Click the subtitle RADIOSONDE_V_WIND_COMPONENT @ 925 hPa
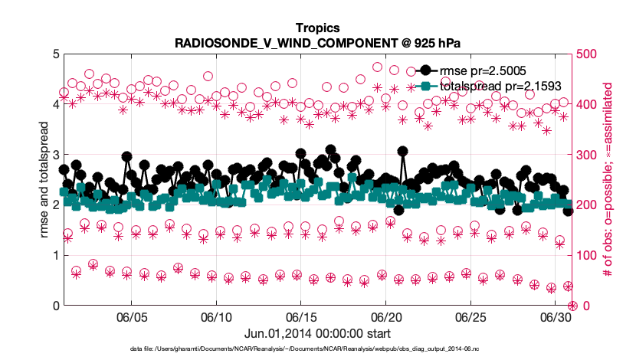point(317,43)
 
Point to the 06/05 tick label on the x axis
point(131,317)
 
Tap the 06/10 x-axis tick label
point(216,317)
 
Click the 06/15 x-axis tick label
point(301,317)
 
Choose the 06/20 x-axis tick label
point(386,317)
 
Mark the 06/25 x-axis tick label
point(471,317)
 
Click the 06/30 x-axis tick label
point(556,317)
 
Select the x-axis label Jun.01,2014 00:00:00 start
point(317,333)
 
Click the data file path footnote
point(317,349)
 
